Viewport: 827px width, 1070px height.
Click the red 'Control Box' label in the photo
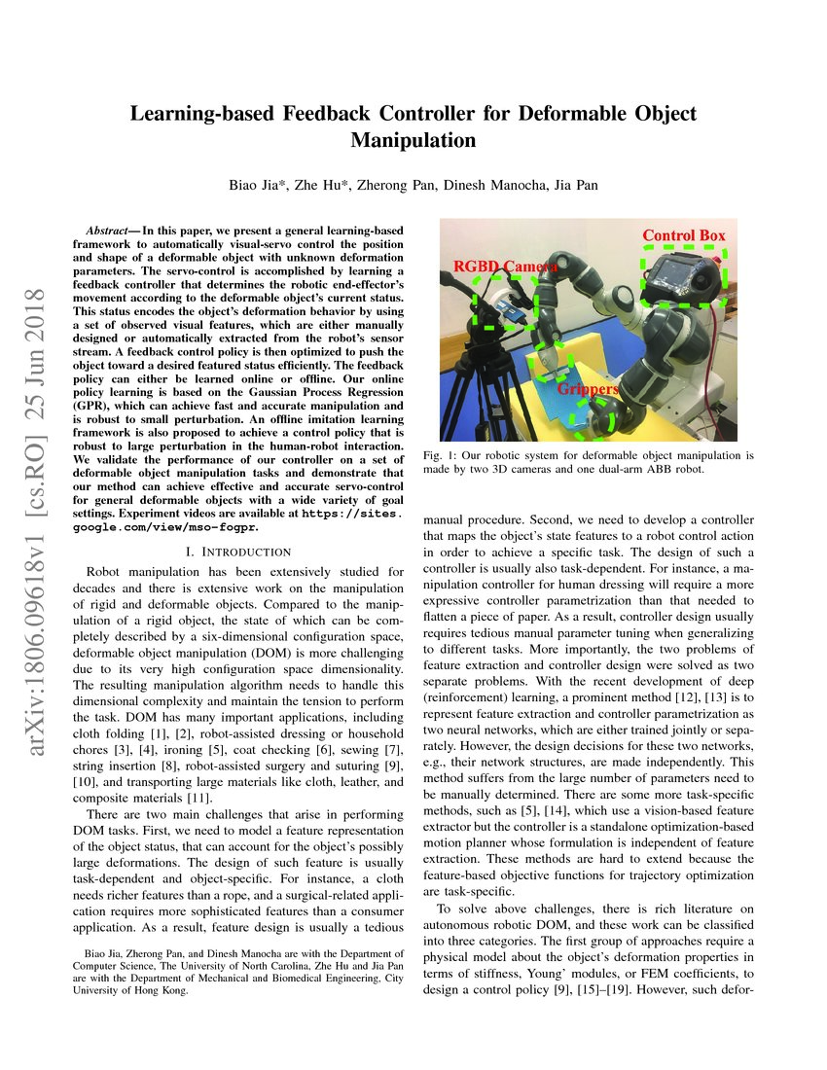683,235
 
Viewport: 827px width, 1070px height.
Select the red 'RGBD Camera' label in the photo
504,267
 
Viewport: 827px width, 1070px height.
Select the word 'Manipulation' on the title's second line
413,140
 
